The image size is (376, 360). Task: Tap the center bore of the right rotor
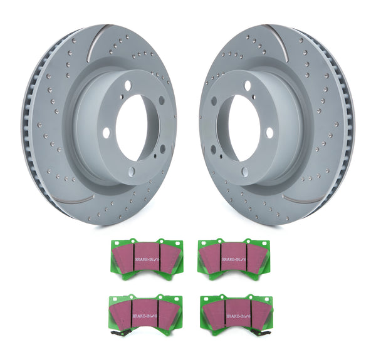click(x=241, y=125)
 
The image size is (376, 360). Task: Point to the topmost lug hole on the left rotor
click(x=128, y=86)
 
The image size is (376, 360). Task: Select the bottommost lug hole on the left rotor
click(x=131, y=171)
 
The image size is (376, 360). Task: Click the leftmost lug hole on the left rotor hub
click(x=106, y=133)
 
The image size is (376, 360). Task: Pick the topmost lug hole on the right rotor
click(x=248, y=85)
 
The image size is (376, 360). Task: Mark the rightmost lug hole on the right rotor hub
click(x=269, y=133)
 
